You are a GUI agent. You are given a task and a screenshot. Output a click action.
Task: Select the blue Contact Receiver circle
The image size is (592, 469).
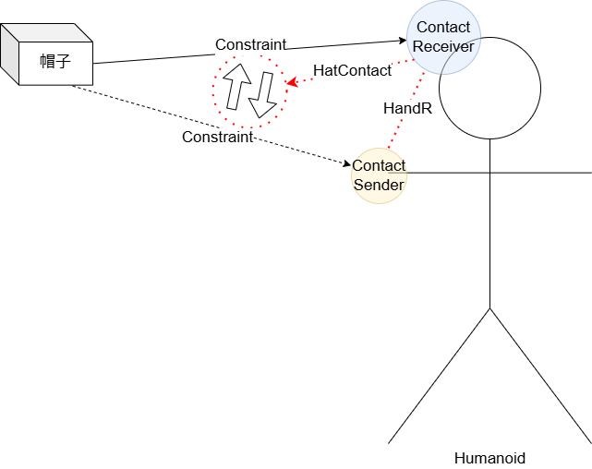443,38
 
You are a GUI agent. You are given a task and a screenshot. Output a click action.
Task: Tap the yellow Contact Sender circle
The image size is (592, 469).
379,175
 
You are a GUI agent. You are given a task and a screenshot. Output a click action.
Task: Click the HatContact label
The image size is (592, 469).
352,70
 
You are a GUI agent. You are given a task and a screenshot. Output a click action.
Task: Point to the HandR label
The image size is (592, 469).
406,108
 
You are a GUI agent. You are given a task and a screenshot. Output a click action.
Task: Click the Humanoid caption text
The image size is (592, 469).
489,457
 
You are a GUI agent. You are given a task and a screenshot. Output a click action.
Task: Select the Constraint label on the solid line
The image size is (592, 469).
250,44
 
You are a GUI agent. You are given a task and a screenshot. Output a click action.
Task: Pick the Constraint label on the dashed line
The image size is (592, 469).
217,137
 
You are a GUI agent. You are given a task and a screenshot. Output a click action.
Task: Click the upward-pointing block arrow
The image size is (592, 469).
236,88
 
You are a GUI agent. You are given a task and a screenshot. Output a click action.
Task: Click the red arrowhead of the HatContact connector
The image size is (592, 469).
291,82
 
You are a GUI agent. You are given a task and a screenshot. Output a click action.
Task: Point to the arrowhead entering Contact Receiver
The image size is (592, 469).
402,40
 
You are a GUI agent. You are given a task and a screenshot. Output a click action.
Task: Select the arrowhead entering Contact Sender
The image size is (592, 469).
346,165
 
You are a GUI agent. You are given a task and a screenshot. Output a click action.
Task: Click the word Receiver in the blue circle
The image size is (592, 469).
443,46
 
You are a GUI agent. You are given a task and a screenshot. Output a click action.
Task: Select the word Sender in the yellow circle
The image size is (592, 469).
379,185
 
